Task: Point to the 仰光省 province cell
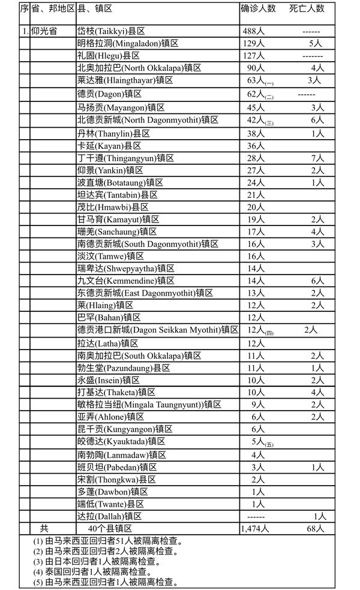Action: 44,31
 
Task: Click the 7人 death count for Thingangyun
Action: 317,158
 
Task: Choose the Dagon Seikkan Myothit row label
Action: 157,329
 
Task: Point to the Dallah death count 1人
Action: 319,516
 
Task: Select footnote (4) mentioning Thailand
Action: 92,571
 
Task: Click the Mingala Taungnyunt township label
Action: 140,405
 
